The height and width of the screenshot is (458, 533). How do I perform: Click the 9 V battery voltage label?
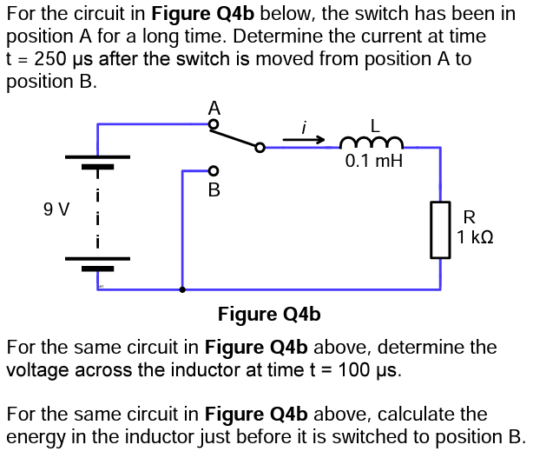click(56, 209)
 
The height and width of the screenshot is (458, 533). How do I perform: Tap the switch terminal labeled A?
click(214, 125)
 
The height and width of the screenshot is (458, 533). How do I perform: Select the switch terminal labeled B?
click(214, 170)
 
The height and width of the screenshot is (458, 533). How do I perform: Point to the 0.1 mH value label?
click(373, 162)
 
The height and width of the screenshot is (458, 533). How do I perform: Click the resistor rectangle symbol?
click(440, 229)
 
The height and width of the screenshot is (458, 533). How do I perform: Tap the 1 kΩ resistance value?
click(475, 236)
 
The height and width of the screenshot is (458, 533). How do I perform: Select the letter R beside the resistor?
click(470, 216)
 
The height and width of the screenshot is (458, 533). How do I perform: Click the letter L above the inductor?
click(375, 123)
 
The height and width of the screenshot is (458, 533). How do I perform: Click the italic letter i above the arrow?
click(303, 127)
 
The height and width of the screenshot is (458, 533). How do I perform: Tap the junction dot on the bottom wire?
click(181, 289)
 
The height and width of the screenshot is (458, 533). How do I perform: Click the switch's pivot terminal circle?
click(259, 148)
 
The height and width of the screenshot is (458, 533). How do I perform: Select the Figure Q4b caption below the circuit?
click(269, 314)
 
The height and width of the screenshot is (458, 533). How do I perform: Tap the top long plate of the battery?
click(98, 157)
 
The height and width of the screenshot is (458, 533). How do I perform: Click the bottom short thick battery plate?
click(98, 268)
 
